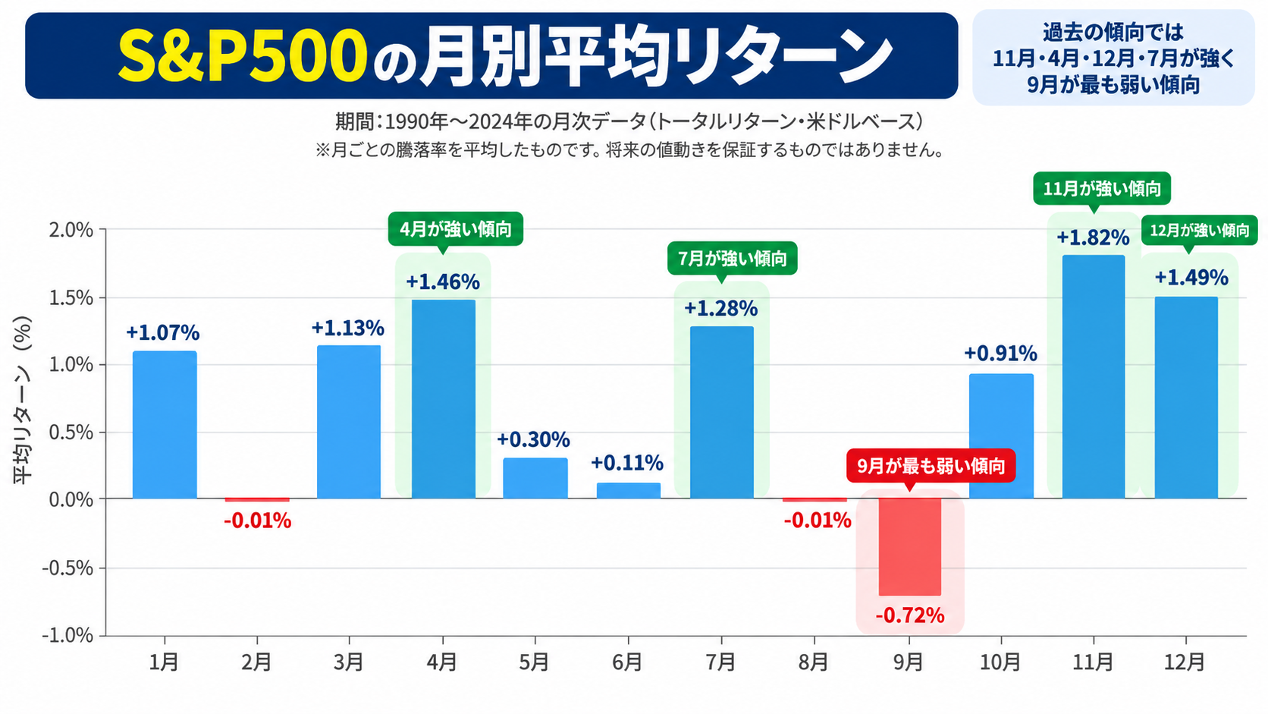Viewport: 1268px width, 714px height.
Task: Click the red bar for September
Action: pyautogui.click(x=910, y=546)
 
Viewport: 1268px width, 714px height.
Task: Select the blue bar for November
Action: pyautogui.click(x=1093, y=376)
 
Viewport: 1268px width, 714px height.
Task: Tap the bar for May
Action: pyautogui.click(x=535, y=478)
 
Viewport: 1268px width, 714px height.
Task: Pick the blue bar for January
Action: pyautogui.click(x=165, y=425)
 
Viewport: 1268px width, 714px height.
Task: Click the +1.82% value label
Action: pyautogui.click(x=1093, y=237)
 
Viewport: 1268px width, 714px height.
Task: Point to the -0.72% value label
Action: pyautogui.click(x=910, y=615)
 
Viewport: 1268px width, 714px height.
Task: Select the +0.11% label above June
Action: pyautogui.click(x=627, y=463)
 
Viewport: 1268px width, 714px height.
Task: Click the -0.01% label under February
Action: pyautogui.click(x=258, y=521)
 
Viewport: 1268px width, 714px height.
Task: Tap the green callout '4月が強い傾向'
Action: pyautogui.click(x=456, y=229)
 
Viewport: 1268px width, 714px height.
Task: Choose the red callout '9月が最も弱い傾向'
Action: pyautogui.click(x=931, y=466)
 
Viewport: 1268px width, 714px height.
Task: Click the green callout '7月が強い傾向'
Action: pyautogui.click(x=733, y=259)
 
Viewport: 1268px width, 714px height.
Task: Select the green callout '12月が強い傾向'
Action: pyautogui.click(x=1200, y=231)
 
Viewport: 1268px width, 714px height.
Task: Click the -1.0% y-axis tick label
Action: pyautogui.click(x=68, y=635)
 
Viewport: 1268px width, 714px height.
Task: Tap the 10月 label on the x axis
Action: pyautogui.click(x=1000, y=662)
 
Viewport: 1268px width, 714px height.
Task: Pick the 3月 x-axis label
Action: pyautogui.click(x=348, y=662)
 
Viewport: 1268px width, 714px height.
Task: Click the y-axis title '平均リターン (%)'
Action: pyautogui.click(x=23, y=400)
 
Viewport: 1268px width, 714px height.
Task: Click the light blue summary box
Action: pyautogui.click(x=1113, y=58)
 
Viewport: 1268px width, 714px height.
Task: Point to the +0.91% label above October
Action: pyautogui.click(x=1001, y=354)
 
